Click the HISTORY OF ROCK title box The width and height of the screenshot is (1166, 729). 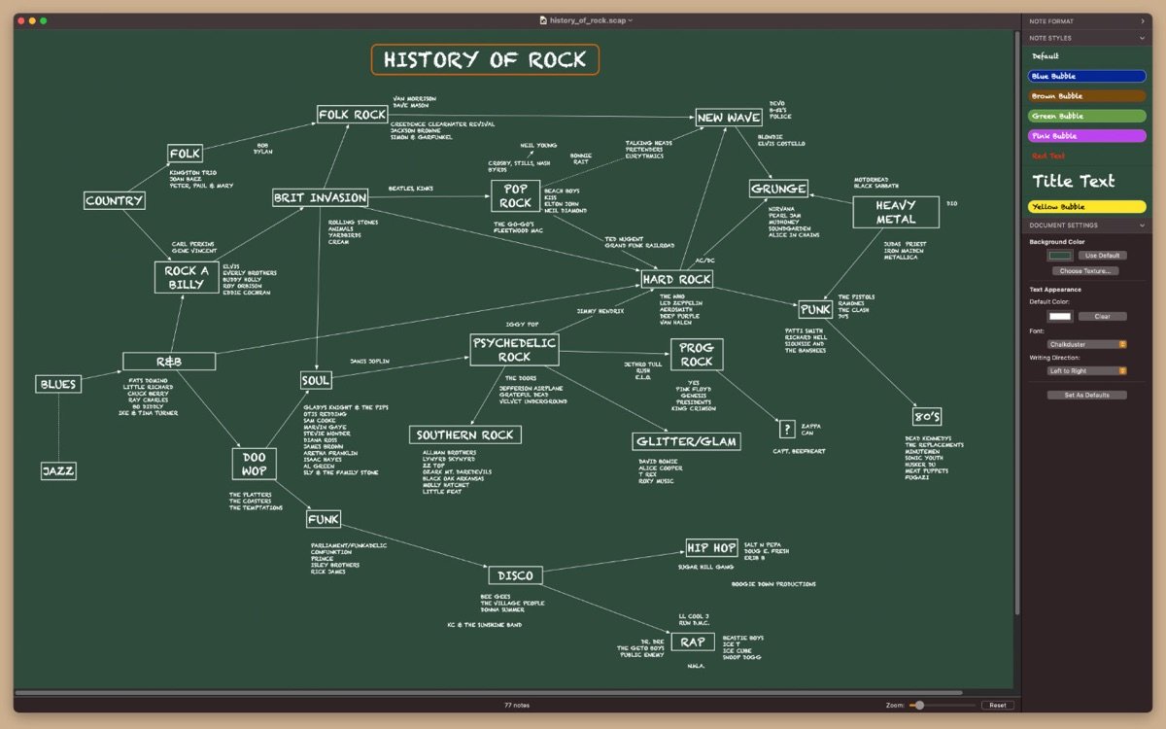(485, 60)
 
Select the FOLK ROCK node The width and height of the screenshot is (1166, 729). (353, 115)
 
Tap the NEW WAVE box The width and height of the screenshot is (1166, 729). (729, 118)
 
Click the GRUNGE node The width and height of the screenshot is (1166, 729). (778, 189)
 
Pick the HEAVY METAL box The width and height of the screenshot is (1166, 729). (895, 212)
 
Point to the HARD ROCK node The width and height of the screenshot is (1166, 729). (677, 279)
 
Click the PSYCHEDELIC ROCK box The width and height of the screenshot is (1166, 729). (514, 350)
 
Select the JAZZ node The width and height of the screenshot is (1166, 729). (58, 471)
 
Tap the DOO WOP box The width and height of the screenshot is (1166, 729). (255, 464)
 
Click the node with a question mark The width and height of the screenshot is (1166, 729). (787, 430)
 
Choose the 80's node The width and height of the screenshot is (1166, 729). (927, 417)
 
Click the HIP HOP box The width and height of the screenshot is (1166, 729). (711, 548)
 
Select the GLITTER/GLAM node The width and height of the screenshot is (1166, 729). (686, 442)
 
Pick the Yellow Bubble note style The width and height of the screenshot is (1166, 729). (1086, 207)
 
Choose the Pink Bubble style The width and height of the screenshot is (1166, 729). (1086, 136)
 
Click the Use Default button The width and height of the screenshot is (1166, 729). (1102, 256)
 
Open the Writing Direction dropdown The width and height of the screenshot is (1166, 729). (1086, 370)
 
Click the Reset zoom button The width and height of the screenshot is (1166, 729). (998, 705)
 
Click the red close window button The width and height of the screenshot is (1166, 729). (19, 20)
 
